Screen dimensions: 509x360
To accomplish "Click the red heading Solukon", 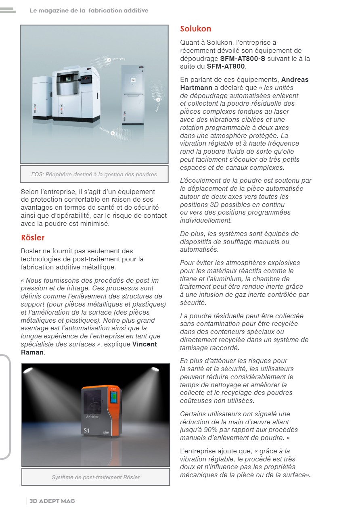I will [x=195, y=29].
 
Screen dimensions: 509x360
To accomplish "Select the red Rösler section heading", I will [x=33, y=238].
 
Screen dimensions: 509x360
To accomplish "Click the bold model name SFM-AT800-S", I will [x=245, y=58].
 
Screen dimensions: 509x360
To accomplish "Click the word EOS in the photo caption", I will [x=38, y=175].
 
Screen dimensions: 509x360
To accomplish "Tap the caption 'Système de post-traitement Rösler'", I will [x=96, y=477].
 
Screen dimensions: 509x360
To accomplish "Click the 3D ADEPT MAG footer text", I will [x=52, y=501].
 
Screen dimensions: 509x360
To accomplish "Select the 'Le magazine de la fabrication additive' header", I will [x=89, y=10].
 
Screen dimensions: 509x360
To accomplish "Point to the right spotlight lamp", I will [x=154, y=369].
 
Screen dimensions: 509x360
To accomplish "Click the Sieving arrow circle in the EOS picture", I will [x=158, y=99].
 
